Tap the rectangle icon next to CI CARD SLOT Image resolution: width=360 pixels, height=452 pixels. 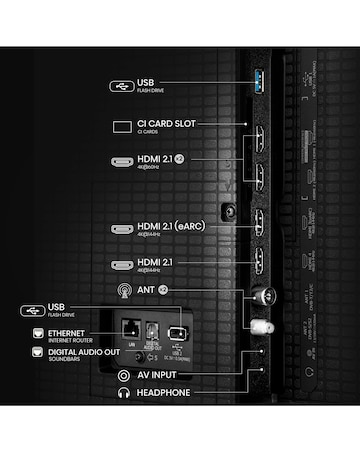click(x=122, y=126)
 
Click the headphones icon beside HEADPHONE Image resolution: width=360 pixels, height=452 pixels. click(x=123, y=393)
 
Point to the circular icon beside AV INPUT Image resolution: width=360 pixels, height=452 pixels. click(x=123, y=374)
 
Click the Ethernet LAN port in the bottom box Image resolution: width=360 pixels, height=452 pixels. click(x=130, y=330)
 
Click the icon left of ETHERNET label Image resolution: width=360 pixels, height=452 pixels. click(x=38, y=333)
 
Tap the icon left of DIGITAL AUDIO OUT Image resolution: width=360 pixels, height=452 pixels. click(x=38, y=352)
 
